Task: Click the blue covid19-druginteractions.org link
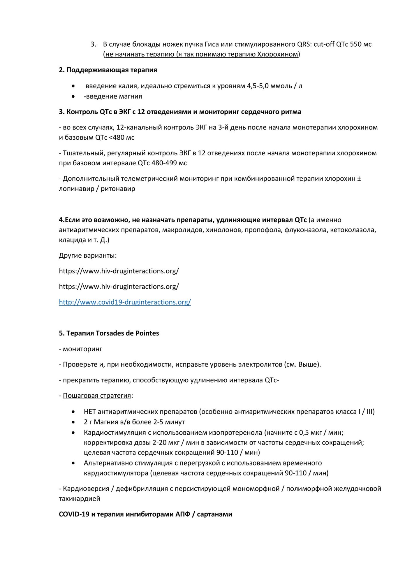(125, 302)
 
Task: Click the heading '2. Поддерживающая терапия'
(108, 70)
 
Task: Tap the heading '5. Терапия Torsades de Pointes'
(109, 333)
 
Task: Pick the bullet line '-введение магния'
(113, 96)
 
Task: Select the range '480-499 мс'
(169, 163)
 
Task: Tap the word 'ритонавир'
(118, 189)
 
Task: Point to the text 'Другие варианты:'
(88, 255)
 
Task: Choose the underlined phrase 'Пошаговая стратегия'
(97, 396)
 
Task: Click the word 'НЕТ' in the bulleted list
(90, 412)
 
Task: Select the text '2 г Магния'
(101, 422)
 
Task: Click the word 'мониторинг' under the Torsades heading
(82, 349)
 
